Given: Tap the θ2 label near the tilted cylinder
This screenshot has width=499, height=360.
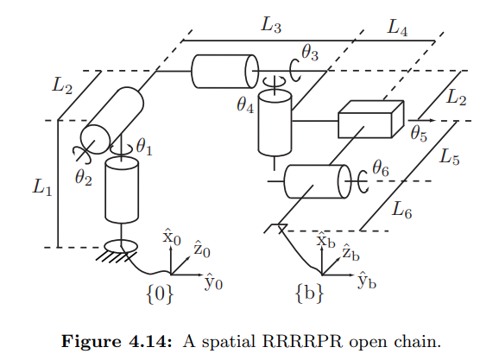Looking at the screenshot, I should (82, 180).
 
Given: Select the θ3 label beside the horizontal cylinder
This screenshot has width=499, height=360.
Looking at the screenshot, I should (310, 56).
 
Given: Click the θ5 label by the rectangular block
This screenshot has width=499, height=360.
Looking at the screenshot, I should (419, 133).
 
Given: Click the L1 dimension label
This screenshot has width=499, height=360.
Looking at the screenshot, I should (41, 187).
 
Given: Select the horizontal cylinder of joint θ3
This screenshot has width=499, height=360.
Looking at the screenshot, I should (224, 71).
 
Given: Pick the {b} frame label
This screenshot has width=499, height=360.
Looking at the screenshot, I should (309, 294).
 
